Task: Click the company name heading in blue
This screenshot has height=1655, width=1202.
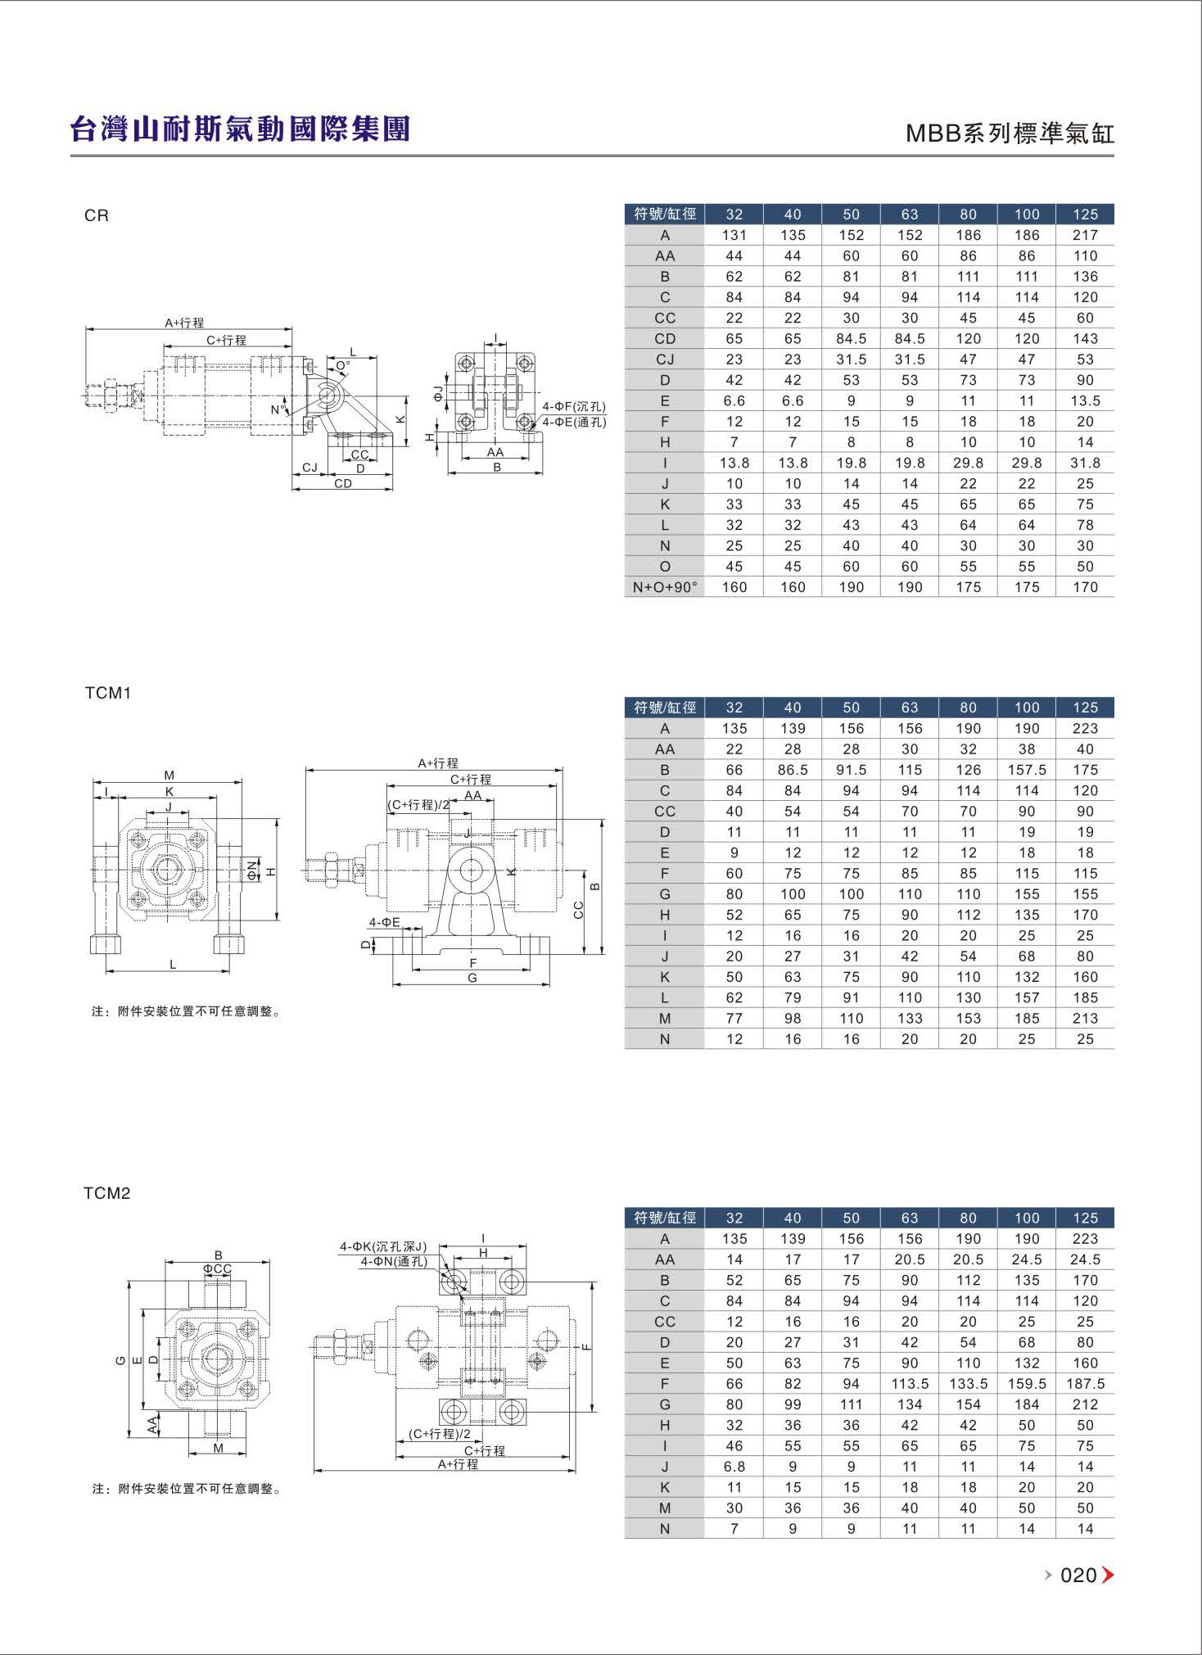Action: (x=240, y=129)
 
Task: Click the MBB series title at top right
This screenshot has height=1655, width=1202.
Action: (x=1010, y=133)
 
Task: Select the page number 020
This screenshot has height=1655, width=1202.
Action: (x=1078, y=1575)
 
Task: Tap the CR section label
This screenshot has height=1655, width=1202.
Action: (x=97, y=215)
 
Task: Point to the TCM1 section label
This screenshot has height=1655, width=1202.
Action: (x=108, y=693)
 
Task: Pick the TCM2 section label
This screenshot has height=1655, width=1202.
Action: (x=107, y=1193)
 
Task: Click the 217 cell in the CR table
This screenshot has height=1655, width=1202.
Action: (x=1085, y=235)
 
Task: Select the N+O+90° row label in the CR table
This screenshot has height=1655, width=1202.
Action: (x=665, y=587)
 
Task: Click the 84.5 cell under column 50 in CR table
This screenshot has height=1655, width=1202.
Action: (x=852, y=338)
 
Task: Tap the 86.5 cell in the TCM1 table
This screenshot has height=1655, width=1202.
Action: (x=793, y=770)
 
